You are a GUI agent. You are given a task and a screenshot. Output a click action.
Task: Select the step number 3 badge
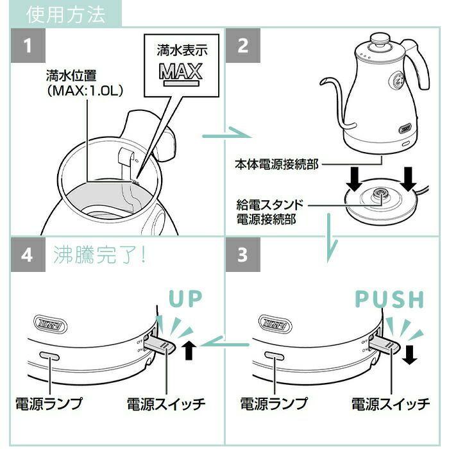[243, 255]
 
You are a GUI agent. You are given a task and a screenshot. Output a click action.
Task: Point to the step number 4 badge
[28, 255]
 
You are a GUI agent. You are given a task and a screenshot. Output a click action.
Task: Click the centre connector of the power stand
[378, 196]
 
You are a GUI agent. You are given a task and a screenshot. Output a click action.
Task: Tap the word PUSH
[390, 300]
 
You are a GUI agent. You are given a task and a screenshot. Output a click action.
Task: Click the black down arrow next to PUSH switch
[409, 352]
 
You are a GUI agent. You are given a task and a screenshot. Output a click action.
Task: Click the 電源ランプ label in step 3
[273, 403]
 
